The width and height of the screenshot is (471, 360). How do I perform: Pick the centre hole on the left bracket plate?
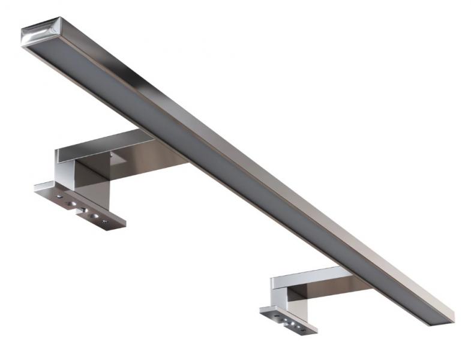(82, 209)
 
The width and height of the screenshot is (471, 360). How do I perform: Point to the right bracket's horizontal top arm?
(306, 277)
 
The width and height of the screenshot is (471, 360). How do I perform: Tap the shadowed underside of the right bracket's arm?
(324, 291)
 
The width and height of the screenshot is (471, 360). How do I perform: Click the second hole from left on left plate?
(71, 204)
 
